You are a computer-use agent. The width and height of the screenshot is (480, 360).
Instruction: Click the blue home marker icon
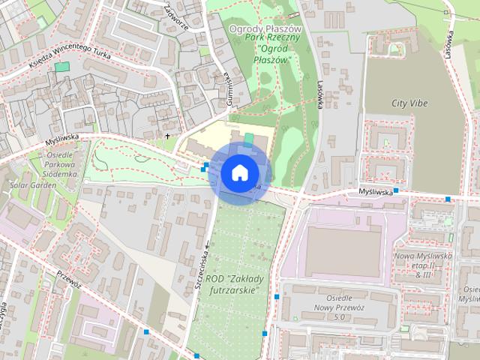coord(239,172)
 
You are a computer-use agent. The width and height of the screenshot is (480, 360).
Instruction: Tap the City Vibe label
coord(409,102)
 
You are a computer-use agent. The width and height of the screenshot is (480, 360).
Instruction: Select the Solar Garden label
coord(28,184)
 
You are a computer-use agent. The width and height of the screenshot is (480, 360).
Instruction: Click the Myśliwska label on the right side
coord(374,192)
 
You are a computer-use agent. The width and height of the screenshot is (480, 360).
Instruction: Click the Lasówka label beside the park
coord(318,95)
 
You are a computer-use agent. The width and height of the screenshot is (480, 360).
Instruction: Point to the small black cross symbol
coord(167,136)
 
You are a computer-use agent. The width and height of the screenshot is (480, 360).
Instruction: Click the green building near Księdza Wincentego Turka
coord(61,67)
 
